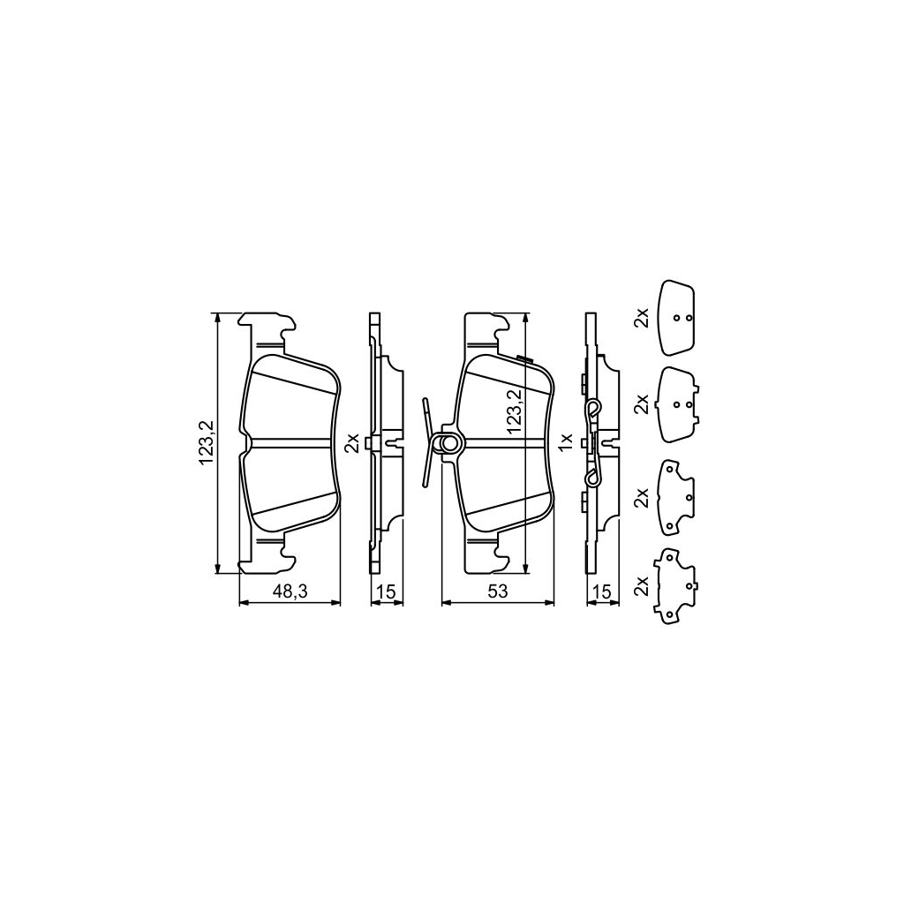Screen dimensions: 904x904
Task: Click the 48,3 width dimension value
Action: tap(290, 592)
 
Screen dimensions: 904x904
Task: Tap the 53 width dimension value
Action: tap(497, 592)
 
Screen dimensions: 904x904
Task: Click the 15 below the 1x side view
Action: tap(604, 592)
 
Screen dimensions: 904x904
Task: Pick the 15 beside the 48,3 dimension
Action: tap(386, 592)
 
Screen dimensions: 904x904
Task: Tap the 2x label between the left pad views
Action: tap(351, 442)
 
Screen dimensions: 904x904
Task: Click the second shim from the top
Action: tap(678, 403)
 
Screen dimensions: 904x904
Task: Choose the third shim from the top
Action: tap(676, 499)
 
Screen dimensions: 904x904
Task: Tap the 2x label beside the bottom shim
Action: tap(642, 585)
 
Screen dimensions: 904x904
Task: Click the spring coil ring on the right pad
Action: tap(449, 443)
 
